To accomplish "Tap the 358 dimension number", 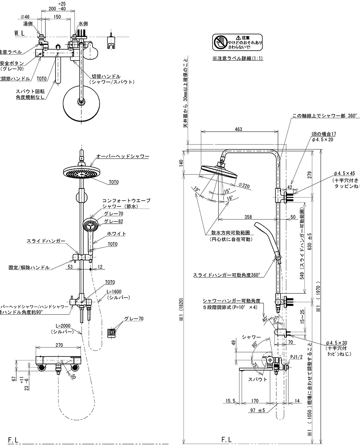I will (248, 217).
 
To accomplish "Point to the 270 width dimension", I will (59, 345).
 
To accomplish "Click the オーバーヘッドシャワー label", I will (122, 156).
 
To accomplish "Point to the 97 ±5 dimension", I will (258, 410).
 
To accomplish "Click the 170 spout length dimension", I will (255, 400).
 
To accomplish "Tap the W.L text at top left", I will (19, 33).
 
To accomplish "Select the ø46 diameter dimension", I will (25, 16).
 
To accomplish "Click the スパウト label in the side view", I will (257, 379).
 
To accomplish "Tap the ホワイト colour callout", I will (117, 234).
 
